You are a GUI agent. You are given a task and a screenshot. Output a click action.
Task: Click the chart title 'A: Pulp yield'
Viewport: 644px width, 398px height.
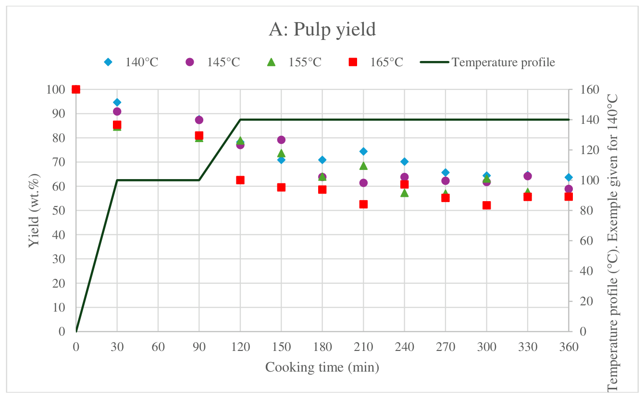(322, 29)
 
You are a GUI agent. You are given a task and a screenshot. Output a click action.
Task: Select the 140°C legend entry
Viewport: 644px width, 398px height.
(131, 62)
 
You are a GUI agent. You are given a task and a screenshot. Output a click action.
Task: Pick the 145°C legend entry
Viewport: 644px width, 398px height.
(213, 62)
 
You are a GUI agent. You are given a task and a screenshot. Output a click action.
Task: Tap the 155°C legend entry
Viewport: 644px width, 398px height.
(294, 62)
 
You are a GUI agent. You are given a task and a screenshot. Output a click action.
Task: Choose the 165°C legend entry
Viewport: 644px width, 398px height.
(376, 62)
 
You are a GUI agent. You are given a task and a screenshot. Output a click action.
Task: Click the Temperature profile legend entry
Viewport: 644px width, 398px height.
(488, 62)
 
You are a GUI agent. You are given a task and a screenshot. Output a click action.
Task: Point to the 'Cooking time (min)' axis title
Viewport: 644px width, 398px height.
(322, 367)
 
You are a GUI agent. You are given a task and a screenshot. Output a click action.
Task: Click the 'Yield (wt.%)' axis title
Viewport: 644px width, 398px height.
(34, 210)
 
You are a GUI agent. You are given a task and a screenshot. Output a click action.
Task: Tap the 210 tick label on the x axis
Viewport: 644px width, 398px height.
(363, 347)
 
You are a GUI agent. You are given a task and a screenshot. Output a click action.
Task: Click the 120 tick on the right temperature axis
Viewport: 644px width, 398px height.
(589, 150)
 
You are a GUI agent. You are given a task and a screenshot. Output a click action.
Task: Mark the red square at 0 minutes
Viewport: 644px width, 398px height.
(76, 89)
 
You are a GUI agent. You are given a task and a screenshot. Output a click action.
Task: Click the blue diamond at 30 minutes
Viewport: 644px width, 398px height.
(117, 102)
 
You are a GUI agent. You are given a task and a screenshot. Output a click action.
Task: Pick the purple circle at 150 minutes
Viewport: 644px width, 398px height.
(281, 140)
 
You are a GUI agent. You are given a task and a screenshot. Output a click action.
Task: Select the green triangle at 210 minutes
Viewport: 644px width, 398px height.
(363, 166)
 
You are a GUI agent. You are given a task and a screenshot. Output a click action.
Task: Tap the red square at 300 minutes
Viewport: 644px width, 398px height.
(486, 205)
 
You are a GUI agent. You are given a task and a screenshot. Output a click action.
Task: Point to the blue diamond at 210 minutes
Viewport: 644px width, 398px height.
(363, 151)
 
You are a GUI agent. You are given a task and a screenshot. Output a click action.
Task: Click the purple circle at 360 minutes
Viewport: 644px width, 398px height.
(569, 189)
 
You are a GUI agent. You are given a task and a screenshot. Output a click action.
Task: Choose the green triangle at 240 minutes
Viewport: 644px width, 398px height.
(405, 193)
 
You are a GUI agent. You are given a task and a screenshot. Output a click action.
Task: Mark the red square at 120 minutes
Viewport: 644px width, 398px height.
(240, 180)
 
